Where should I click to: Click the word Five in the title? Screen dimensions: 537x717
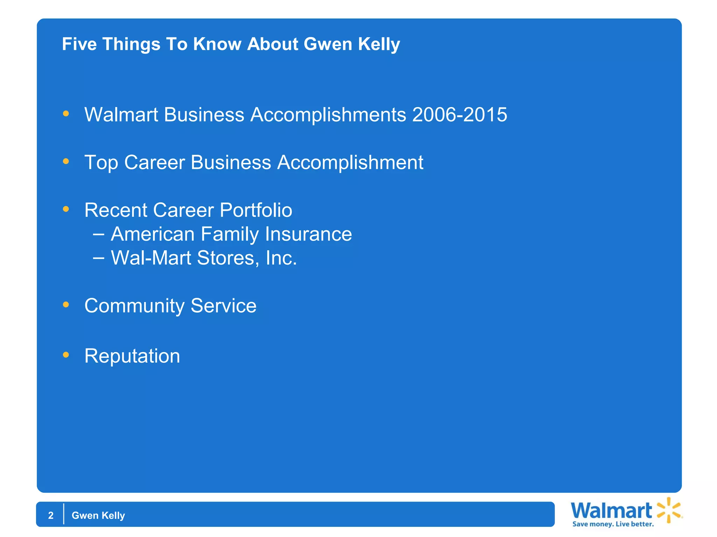tap(79, 44)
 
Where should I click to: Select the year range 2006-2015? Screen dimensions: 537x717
tap(460, 115)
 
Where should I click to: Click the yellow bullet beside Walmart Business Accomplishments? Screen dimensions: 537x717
tap(66, 114)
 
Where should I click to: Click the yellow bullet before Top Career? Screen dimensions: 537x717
tap(66, 161)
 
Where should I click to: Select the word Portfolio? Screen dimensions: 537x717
tap(256, 210)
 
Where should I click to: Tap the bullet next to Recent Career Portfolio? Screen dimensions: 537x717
tap(66, 209)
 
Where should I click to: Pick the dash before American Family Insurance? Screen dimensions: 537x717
tap(99, 234)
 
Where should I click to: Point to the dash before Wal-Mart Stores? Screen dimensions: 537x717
tap(99, 258)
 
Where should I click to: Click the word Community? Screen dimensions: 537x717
tap(134, 306)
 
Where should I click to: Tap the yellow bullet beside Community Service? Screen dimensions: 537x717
tap(66, 305)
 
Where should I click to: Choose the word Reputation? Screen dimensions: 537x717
tap(132, 356)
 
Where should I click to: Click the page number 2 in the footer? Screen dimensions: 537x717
tap(51, 515)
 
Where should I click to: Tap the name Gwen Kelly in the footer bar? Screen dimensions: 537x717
tap(98, 515)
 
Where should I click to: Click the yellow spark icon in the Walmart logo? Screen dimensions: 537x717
tap(669, 510)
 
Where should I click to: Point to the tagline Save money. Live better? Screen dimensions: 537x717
tap(613, 524)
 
